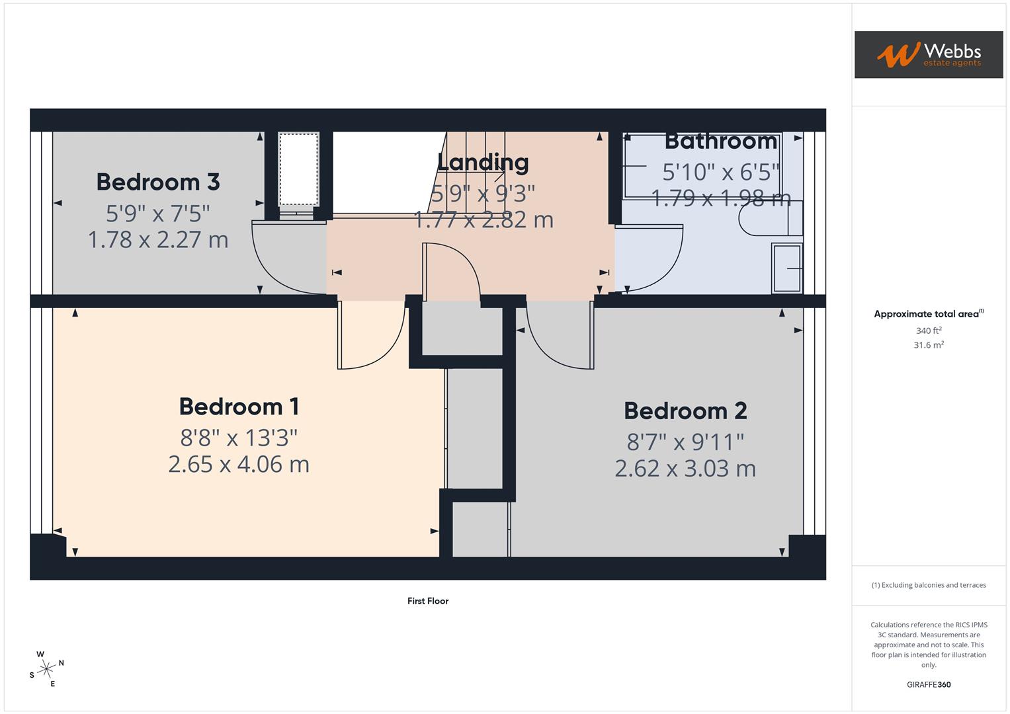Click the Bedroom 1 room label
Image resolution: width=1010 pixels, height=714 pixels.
pos(239,407)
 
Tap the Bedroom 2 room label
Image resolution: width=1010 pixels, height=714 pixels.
pos(685,411)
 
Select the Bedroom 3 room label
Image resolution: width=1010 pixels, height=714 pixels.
pos(157,182)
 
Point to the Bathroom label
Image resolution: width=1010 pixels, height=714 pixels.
pos(721,141)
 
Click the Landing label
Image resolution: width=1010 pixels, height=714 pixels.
pos(483,163)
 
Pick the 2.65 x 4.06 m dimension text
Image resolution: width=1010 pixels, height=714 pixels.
pos(239,464)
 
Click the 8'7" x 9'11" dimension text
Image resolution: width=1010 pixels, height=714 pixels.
pos(685,442)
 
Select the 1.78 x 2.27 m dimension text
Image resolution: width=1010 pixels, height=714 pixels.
pos(158,239)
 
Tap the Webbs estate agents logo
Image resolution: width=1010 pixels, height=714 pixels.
pos(928,54)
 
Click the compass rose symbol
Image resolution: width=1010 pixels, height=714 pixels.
pos(46,670)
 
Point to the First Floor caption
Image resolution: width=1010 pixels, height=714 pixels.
pos(428,601)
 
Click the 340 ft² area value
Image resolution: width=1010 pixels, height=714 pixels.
pos(929,331)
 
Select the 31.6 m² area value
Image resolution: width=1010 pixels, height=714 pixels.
pos(929,345)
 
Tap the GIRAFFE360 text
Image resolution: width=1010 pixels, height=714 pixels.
pos(929,685)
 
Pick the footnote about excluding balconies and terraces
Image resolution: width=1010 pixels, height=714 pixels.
pos(929,585)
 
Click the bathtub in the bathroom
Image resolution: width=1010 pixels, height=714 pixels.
pos(702,165)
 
